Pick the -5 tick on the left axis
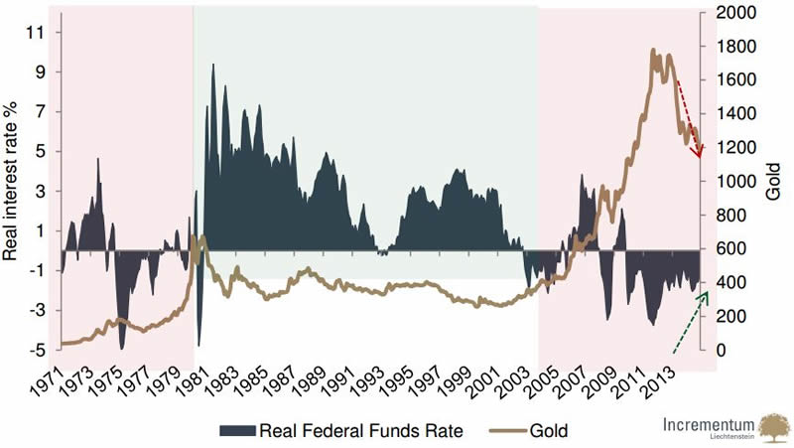point(37,350)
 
